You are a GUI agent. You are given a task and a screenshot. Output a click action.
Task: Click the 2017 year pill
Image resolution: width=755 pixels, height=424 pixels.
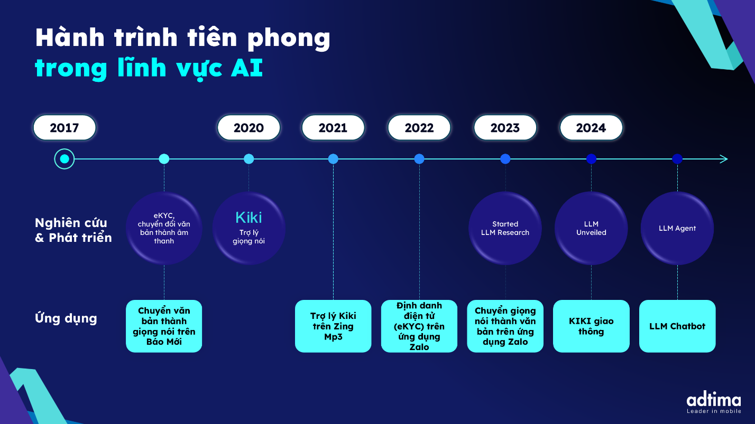pos(65,128)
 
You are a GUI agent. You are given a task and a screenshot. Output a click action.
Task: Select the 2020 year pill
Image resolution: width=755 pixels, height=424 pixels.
pos(248,128)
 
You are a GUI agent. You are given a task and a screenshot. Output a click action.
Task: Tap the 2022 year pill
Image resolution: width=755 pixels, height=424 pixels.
pos(419,128)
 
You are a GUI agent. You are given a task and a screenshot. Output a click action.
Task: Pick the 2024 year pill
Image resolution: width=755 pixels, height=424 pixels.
pos(591,128)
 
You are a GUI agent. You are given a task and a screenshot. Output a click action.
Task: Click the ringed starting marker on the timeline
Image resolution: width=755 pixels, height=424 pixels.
pos(65,159)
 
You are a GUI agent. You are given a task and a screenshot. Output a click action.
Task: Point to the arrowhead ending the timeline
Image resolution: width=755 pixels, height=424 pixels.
pos(724,159)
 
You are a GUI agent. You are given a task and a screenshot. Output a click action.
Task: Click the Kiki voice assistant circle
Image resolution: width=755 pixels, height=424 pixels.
pos(248,228)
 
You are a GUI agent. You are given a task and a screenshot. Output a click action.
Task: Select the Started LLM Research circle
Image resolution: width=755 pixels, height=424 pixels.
pos(505,228)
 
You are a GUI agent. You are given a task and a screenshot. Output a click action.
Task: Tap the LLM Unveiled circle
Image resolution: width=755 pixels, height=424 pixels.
pos(591,228)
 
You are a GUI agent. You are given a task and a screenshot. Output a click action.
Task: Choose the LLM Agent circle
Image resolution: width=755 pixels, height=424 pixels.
pos(677,228)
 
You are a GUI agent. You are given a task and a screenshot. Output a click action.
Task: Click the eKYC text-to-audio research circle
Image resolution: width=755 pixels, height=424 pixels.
pos(164,228)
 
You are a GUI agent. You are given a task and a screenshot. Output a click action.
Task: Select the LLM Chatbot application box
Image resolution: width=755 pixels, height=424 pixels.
pos(677,326)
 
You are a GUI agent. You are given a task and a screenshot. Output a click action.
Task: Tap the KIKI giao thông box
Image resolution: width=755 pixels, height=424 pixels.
pos(591,326)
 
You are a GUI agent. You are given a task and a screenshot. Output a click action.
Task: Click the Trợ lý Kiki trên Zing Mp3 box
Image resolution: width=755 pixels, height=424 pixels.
pos(333,326)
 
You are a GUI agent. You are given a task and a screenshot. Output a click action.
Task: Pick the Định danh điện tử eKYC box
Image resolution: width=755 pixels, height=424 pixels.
pos(419,326)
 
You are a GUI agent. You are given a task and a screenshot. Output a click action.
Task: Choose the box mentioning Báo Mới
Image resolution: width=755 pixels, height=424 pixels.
pos(164,326)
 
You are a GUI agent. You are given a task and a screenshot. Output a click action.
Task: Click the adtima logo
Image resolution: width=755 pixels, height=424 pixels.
pos(714,402)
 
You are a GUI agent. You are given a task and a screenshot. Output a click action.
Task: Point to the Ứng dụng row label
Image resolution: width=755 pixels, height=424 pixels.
pos(66,318)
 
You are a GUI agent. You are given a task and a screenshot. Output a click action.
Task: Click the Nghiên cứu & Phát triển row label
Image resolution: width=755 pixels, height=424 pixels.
pos(73,230)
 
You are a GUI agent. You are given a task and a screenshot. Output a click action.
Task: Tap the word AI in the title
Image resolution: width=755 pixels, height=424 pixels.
pos(247,68)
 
